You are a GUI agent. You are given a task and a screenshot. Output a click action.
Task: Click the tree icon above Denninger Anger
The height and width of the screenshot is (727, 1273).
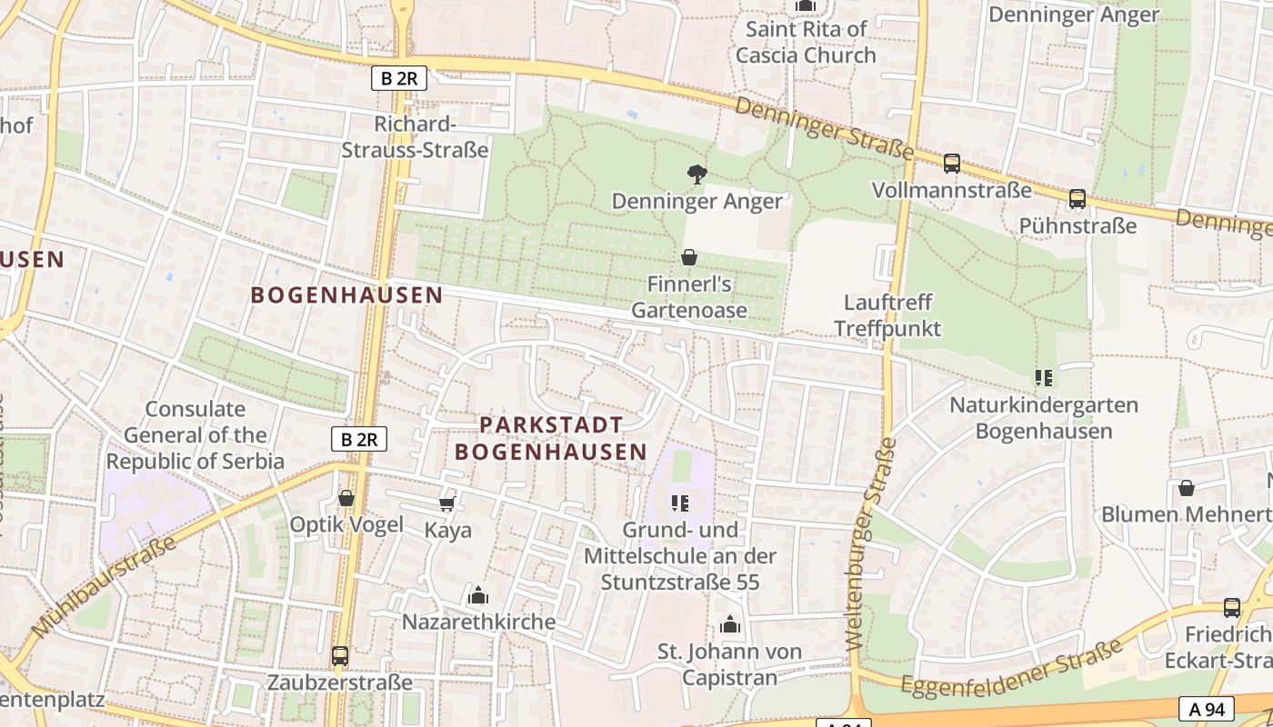coord(697,174)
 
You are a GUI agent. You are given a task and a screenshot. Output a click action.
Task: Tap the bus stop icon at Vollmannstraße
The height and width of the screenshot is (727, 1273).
coord(951,164)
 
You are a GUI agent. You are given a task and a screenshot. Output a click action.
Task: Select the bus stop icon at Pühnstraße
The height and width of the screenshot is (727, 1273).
coord(1078,198)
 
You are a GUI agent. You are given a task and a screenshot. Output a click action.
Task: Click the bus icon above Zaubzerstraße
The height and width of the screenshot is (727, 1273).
coord(340,655)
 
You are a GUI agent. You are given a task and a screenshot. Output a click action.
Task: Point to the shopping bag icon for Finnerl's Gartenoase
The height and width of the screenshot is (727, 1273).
coord(689,257)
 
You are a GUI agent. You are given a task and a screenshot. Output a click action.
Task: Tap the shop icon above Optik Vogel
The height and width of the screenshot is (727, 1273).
coord(346,498)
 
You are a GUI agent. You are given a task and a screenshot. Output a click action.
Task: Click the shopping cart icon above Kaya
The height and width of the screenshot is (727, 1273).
coord(446,503)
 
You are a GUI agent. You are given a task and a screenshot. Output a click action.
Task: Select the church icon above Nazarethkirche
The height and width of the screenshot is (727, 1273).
coord(477,596)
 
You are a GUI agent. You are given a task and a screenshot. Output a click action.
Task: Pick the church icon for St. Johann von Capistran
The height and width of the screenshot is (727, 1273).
coord(729,624)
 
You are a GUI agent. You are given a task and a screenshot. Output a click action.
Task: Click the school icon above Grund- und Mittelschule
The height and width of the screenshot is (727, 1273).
coord(680,503)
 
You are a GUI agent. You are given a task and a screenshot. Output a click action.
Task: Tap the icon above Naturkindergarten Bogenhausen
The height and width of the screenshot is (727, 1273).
coord(1043,377)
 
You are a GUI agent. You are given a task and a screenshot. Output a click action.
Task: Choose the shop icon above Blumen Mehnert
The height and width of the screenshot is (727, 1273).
coord(1187,488)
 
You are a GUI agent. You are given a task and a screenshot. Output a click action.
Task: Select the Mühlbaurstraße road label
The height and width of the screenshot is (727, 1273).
coord(103,587)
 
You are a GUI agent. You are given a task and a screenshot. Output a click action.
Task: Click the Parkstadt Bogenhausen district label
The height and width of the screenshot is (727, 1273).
coord(551,438)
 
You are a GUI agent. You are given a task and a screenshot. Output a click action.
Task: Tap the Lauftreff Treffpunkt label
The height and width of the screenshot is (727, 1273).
coord(887,314)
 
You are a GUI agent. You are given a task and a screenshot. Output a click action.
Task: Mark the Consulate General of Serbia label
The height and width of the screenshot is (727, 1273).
coord(195,435)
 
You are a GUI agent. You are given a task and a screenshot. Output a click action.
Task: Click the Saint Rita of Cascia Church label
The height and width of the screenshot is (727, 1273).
coord(806,42)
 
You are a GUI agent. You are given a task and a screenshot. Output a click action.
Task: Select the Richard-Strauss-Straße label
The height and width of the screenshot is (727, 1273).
coord(415,136)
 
